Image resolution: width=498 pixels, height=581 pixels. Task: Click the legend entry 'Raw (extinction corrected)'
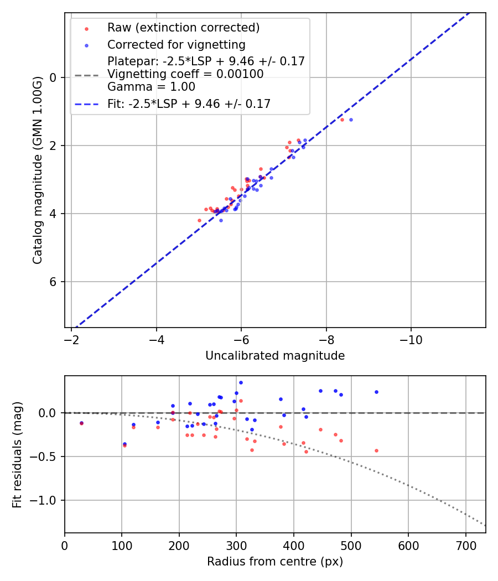click(183, 28)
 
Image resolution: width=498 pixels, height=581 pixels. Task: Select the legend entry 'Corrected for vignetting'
click(176, 44)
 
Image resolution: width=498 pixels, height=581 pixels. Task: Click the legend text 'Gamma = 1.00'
click(151, 87)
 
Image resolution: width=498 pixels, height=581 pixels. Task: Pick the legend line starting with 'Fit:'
click(189, 103)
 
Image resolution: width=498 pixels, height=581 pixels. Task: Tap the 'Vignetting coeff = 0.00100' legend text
click(185, 74)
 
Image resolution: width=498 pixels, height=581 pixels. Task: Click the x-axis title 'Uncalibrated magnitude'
click(275, 356)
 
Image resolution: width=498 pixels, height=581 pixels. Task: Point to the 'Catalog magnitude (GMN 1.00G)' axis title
click(38, 171)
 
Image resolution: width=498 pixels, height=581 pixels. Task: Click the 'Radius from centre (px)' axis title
click(275, 562)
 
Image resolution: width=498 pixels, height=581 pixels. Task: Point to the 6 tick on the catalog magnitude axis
click(53, 282)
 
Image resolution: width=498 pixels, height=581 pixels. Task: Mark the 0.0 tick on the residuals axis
click(49, 413)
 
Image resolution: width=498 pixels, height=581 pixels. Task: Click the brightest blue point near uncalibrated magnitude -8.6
click(351, 120)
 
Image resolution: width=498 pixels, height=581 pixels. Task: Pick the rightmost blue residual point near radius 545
click(376, 392)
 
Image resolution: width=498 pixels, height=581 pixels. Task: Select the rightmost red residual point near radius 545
click(376, 450)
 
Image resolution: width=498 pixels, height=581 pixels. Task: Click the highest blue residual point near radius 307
click(241, 382)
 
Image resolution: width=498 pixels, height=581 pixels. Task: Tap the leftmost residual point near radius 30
click(81, 423)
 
